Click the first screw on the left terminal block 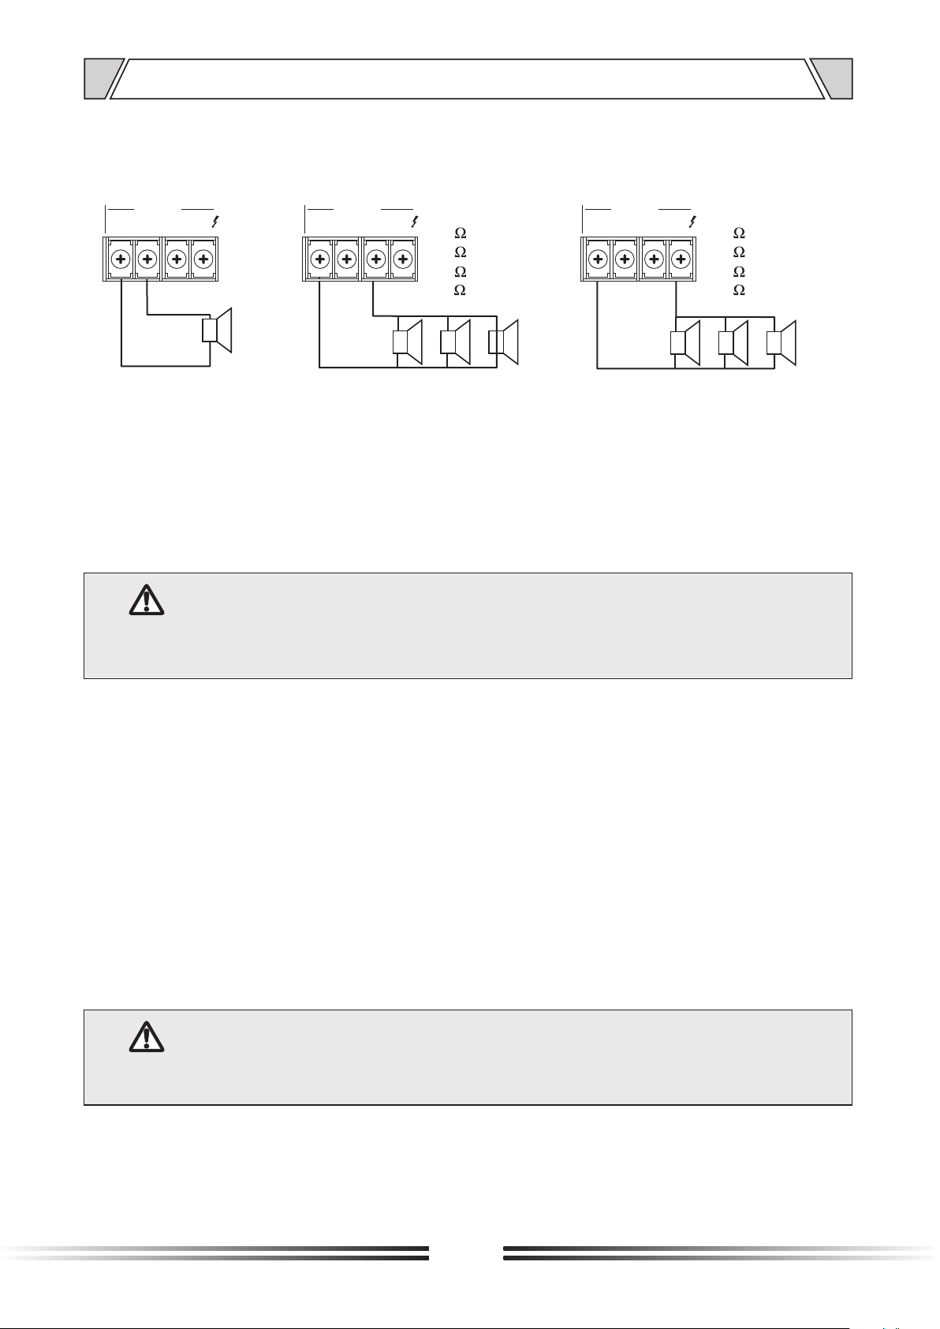[x=121, y=259]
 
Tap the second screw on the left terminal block [x=147, y=259]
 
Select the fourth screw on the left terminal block [x=203, y=259]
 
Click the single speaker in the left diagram [x=217, y=330]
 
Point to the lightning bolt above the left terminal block [x=215, y=222]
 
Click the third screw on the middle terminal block [x=376, y=259]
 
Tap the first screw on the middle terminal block [x=320, y=259]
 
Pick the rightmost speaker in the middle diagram [x=503, y=342]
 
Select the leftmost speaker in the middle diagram [x=408, y=342]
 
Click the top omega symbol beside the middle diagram [x=461, y=233]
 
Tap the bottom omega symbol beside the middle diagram [x=461, y=289]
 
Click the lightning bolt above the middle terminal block [x=415, y=222]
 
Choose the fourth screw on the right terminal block [x=681, y=259]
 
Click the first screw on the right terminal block [x=599, y=259]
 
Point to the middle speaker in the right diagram [x=733, y=343]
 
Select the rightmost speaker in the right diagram [x=781, y=343]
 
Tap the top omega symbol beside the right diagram [x=739, y=233]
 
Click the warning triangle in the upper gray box [x=147, y=600]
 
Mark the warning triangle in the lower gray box [x=147, y=1036]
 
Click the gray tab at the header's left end [x=102, y=78]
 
